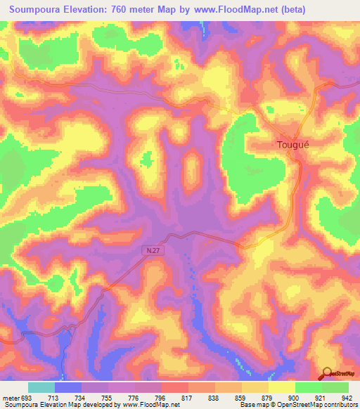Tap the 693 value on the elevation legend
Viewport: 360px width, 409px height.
click(x=27, y=397)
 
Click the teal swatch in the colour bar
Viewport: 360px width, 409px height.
click(x=41, y=387)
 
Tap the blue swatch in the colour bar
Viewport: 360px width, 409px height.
click(x=68, y=387)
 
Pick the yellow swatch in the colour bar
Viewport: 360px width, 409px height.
click(x=281, y=387)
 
